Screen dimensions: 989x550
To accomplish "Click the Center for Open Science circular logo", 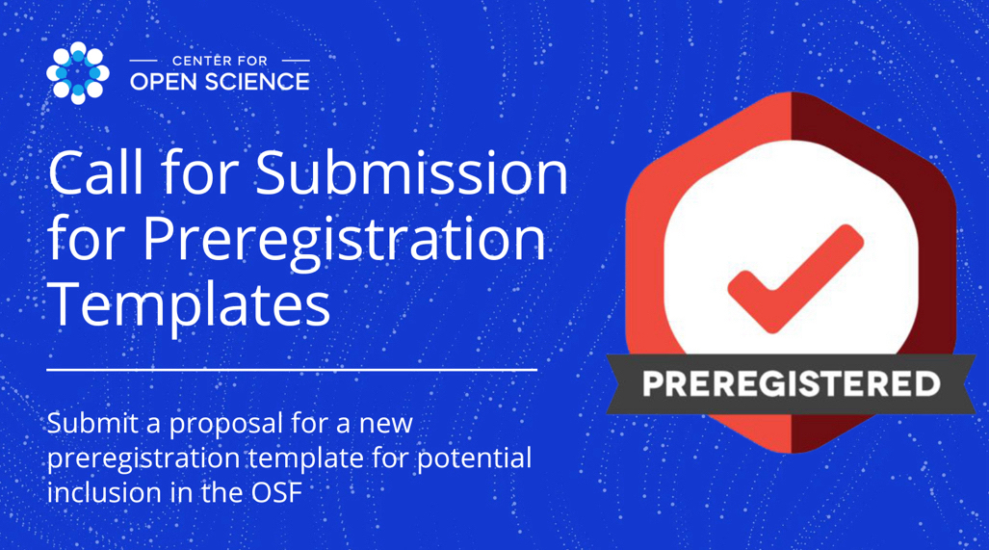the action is (78, 73).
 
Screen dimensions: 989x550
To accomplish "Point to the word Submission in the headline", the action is (412, 172).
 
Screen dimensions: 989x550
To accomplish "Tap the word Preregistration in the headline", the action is (345, 239).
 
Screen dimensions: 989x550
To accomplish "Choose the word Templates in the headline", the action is (189, 304).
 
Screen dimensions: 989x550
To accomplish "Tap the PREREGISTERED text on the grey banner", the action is (791, 383).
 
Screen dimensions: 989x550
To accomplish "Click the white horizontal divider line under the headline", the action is (292, 370).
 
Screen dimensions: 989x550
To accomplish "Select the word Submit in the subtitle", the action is (92, 423).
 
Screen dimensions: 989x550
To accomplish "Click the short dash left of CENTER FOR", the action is (143, 62).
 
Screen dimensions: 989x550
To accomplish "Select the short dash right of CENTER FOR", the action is (296, 62).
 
